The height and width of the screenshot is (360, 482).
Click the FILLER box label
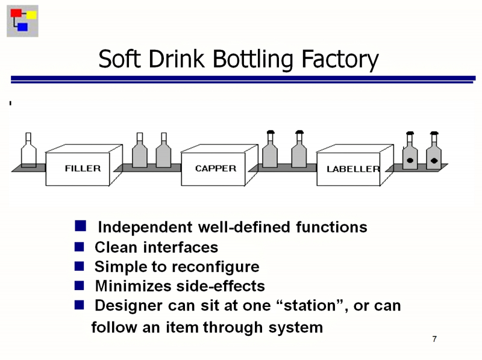click(83, 169)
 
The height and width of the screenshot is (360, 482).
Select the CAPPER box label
click(216, 169)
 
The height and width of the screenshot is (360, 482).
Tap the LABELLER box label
click(353, 169)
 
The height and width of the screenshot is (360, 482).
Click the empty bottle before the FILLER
click(28, 151)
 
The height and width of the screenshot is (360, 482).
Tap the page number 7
click(434, 340)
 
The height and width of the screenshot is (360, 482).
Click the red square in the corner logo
click(16, 13)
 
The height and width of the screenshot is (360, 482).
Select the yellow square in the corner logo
click(31, 14)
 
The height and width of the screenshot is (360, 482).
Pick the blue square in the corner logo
click(23, 26)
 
